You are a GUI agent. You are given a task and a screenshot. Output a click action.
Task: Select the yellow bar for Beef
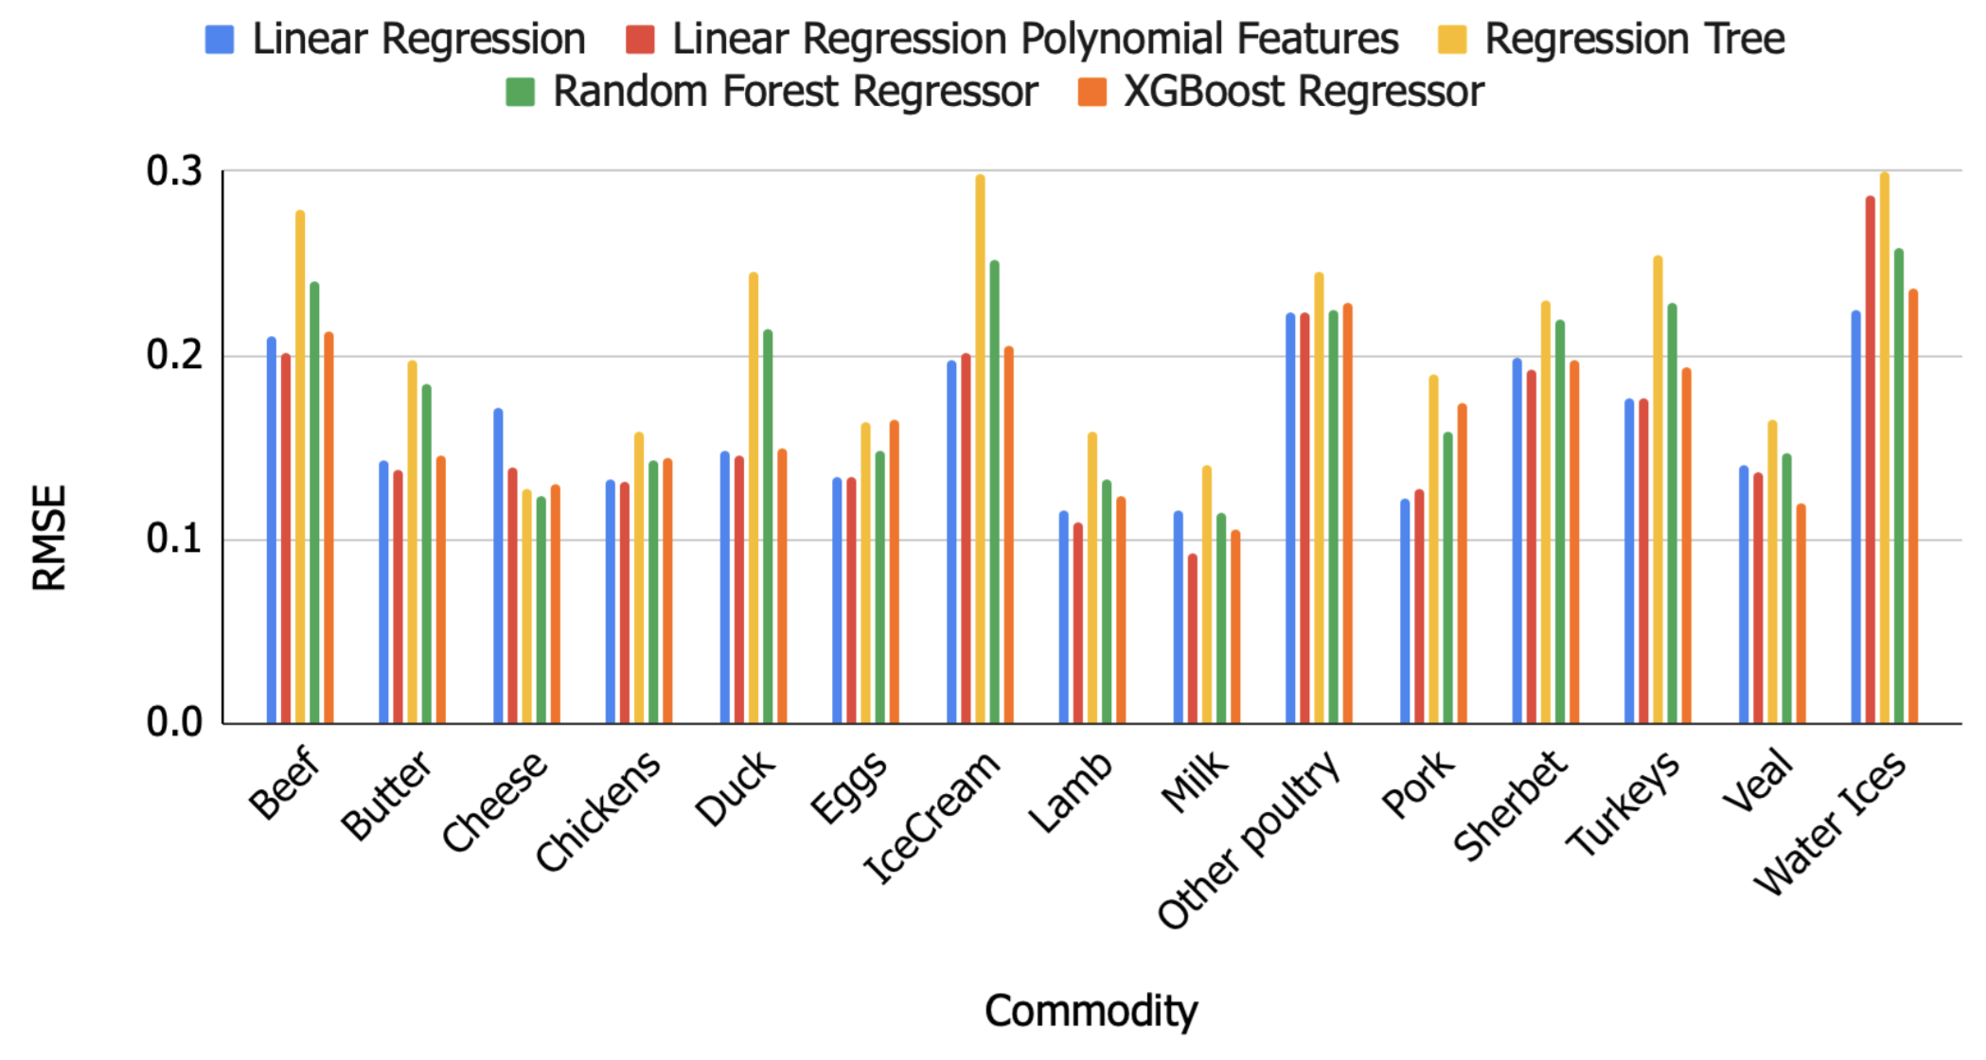click(300, 468)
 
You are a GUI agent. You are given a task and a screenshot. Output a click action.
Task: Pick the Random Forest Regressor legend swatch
click(521, 93)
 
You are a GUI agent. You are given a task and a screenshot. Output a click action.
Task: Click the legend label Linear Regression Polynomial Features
click(1035, 40)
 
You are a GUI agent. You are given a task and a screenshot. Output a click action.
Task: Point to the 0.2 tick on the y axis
click(175, 355)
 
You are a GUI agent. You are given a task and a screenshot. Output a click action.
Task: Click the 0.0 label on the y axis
click(175, 723)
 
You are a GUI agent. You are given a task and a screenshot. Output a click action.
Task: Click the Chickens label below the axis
click(597, 811)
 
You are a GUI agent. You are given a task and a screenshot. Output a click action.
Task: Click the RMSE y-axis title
click(49, 538)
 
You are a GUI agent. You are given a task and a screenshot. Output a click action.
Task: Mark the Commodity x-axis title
click(1091, 1011)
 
